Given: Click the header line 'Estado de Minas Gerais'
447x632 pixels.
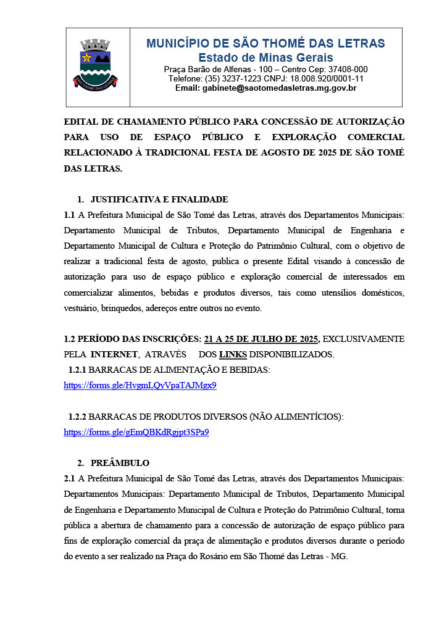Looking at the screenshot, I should [x=265, y=57].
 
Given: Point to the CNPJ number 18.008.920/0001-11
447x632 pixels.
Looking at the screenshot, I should [x=327, y=79].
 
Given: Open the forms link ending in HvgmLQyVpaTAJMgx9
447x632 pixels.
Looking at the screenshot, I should [x=140, y=385].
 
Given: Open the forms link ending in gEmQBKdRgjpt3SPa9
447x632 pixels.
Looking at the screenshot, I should [x=136, y=432].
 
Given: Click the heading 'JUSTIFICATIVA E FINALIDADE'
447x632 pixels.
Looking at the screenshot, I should [x=159, y=199].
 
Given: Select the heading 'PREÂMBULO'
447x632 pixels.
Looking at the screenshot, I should [x=120, y=463].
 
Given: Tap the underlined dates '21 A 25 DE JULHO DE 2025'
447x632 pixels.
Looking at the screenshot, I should [x=262, y=339].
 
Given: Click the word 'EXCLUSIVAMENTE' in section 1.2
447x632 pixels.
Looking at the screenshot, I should [x=364, y=339].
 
